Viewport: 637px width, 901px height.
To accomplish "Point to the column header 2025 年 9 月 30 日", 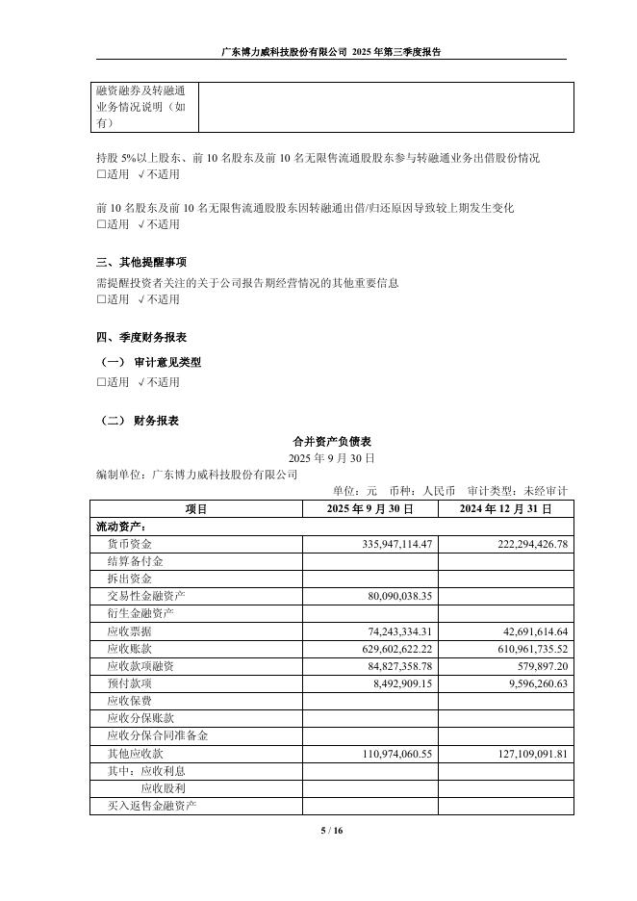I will click(370, 508).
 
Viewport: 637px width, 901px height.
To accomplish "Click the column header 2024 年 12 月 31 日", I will click(505, 508).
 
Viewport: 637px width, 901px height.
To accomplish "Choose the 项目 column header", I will click(196, 508).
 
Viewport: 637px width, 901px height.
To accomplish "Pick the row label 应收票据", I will click(130, 631).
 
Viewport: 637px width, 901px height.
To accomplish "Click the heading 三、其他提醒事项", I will click(141, 262).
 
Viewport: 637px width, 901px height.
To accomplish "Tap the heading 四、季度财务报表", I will click(141, 338).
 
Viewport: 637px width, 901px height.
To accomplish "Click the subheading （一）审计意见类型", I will click(151, 363).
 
